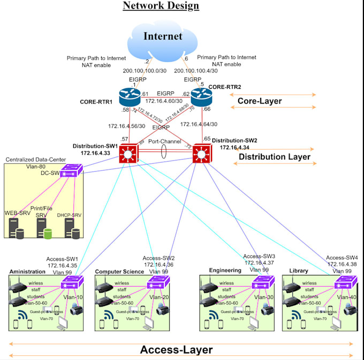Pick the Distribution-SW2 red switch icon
click(202, 155)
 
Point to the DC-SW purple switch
click(69, 171)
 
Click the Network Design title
click(161, 6)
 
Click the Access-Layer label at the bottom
click(176, 350)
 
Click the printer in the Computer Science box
click(161, 309)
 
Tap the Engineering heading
click(225, 271)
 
